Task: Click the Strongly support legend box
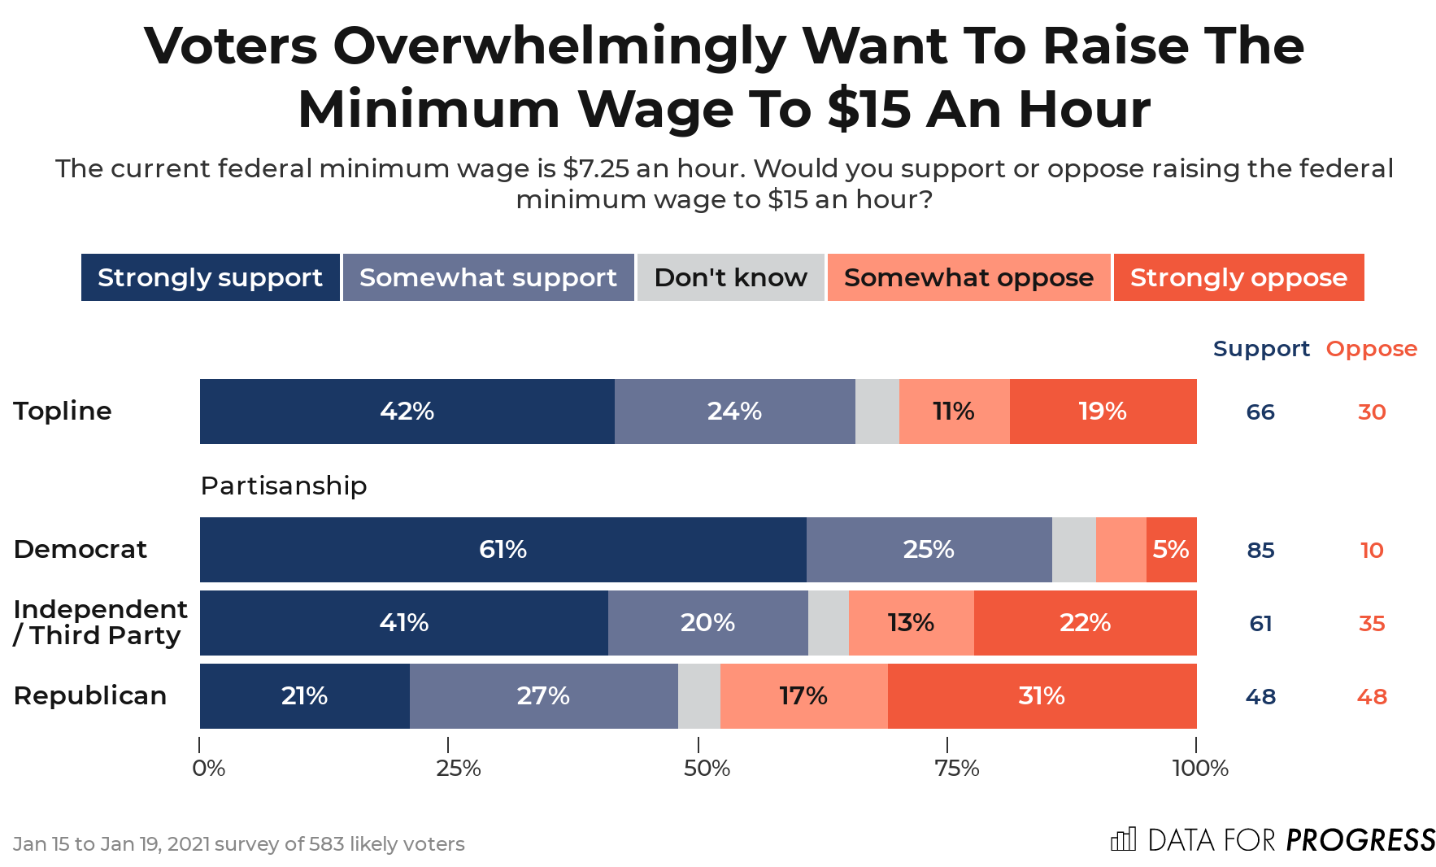coord(211,277)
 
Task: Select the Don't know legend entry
coord(730,277)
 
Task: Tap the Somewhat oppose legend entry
coord(968,277)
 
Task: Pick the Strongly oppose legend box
coord(1238,277)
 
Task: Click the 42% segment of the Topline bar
coord(407,412)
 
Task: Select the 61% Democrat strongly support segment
coord(503,550)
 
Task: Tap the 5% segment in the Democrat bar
coord(1171,550)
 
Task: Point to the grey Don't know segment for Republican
coord(699,696)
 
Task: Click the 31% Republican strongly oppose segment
coord(1042,696)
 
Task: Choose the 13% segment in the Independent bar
coord(911,623)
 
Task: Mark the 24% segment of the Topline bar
coord(734,412)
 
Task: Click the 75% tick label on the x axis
coord(956,769)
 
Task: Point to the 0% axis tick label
coord(209,769)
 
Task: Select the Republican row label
coord(90,696)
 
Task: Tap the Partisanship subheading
coord(284,486)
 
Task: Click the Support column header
coord(1261,349)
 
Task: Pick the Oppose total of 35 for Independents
coord(1372,624)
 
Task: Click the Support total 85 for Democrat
coord(1260,551)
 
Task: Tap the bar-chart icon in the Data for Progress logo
coord(1123,839)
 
